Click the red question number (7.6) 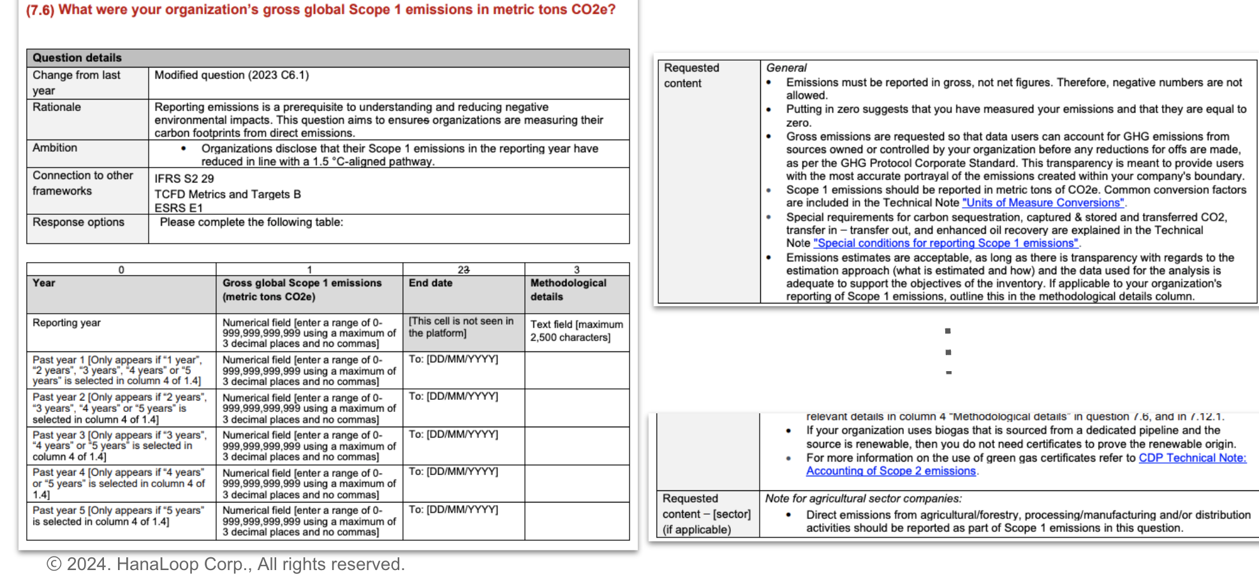41,10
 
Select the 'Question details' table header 77,57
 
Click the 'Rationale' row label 57,107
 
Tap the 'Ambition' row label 55,148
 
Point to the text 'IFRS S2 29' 184,179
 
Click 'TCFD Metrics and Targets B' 228,194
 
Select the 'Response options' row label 78,222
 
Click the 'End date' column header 431,283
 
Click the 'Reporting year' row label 66,323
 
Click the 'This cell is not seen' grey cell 461,327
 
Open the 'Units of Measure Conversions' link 1043,203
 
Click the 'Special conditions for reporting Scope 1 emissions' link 945,243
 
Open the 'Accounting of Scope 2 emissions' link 891,471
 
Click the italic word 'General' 786,68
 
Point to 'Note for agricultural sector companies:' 863,499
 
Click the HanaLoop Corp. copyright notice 226,564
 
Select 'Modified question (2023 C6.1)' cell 232,75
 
